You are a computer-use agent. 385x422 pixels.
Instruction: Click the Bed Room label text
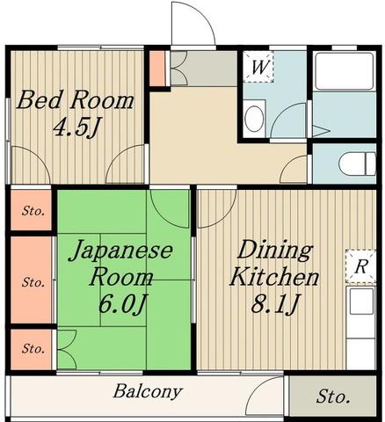[75, 100]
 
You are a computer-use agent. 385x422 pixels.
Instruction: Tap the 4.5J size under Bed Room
[76, 128]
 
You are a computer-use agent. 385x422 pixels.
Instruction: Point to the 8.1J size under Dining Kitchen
[275, 304]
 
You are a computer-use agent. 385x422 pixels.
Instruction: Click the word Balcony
[148, 392]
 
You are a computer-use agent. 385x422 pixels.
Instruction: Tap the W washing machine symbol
[258, 67]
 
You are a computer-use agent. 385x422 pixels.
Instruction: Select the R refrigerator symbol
[360, 266]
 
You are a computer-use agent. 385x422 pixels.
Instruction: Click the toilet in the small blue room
[358, 164]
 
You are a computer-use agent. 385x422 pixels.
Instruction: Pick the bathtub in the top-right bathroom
[345, 71]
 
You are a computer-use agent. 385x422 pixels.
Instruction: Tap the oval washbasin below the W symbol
[254, 119]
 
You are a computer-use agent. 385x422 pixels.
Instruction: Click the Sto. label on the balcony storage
[333, 397]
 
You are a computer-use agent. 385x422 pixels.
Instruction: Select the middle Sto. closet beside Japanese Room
[32, 280]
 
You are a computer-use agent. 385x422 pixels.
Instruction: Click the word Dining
[274, 251]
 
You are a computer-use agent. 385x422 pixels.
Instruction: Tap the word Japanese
[121, 251]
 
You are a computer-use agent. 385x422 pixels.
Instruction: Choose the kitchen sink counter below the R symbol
[360, 328]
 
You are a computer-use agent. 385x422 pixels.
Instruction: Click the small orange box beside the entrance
[157, 69]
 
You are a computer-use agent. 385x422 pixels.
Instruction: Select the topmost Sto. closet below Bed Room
[32, 210]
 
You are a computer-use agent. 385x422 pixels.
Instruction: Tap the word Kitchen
[274, 277]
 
